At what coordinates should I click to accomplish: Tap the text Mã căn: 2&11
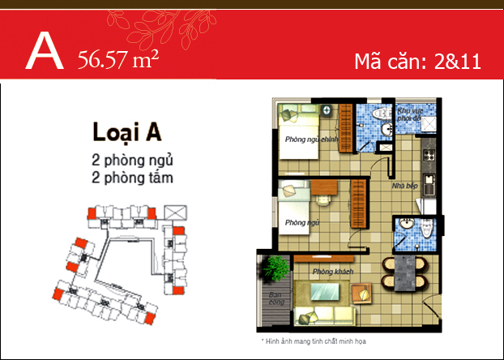(418, 61)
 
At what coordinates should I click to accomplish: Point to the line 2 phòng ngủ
(133, 158)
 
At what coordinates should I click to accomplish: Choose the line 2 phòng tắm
(133, 174)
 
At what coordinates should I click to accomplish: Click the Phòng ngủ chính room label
(311, 139)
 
